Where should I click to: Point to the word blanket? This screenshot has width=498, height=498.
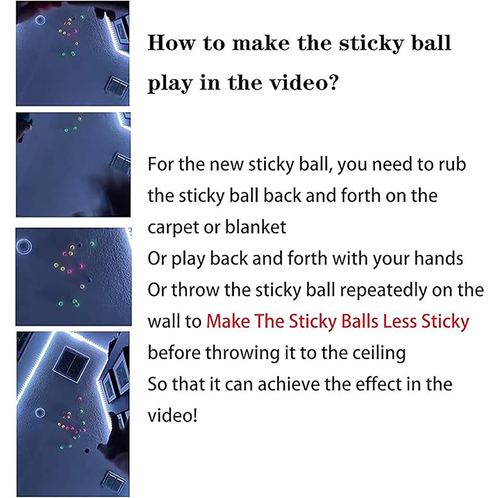tap(255, 227)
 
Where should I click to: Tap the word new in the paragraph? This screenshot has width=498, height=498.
tap(228, 164)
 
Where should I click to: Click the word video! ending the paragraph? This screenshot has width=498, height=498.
tap(172, 416)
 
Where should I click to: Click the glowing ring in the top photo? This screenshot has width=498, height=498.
tap(41, 20)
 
